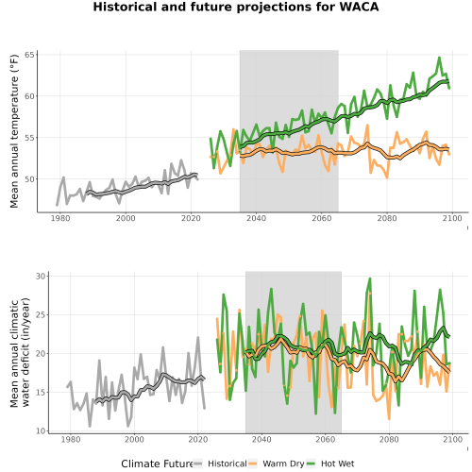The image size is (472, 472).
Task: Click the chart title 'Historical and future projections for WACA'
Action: pyautogui.click(x=236, y=7)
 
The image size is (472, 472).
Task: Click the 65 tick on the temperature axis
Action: pyautogui.click(x=29, y=55)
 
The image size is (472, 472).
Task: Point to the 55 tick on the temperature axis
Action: pyautogui.click(x=29, y=138)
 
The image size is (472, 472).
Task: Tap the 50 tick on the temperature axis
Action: pyautogui.click(x=29, y=179)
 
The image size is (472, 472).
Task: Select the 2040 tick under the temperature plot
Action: pyautogui.click(x=256, y=218)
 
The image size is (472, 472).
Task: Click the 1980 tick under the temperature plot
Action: pyautogui.click(x=60, y=218)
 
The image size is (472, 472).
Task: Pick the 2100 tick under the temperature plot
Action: pyautogui.click(x=452, y=218)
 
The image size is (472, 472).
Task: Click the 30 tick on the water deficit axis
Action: pyautogui.click(x=41, y=277)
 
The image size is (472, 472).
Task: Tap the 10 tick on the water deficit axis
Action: pyautogui.click(x=41, y=431)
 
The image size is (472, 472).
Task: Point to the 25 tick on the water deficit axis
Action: pyautogui.click(x=41, y=315)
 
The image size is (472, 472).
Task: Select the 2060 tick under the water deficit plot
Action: pyautogui.click(x=326, y=439)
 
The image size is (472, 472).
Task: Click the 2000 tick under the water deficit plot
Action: pyautogui.click(x=134, y=439)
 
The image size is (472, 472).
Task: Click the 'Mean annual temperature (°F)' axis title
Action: pyautogui.click(x=14, y=131)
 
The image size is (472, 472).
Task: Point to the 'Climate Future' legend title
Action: pyautogui.click(x=157, y=464)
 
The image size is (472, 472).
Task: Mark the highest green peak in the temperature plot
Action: pyautogui.click(x=439, y=58)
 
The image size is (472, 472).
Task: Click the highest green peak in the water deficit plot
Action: pyautogui.click(x=370, y=278)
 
